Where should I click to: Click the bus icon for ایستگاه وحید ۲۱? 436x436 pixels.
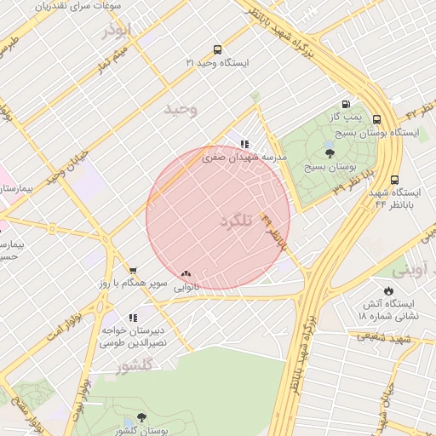point(218,49)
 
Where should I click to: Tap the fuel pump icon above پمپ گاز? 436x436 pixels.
point(346,102)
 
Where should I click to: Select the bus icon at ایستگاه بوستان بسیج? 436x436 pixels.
point(377,120)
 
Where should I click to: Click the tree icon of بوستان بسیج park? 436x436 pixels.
point(330,153)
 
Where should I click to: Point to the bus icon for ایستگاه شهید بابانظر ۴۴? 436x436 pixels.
point(394,180)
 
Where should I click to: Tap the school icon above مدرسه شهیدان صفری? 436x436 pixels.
point(244,145)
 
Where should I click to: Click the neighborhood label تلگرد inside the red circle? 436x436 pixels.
point(238,221)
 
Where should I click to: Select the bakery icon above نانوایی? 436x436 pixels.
point(186,274)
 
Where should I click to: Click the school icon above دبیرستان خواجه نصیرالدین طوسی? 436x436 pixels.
point(133,318)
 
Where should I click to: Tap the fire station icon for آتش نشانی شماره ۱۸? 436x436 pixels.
point(389,290)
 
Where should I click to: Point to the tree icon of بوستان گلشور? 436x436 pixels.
point(141,419)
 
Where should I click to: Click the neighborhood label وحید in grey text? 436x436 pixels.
point(181,109)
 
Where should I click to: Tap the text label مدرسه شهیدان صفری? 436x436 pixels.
point(245,158)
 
